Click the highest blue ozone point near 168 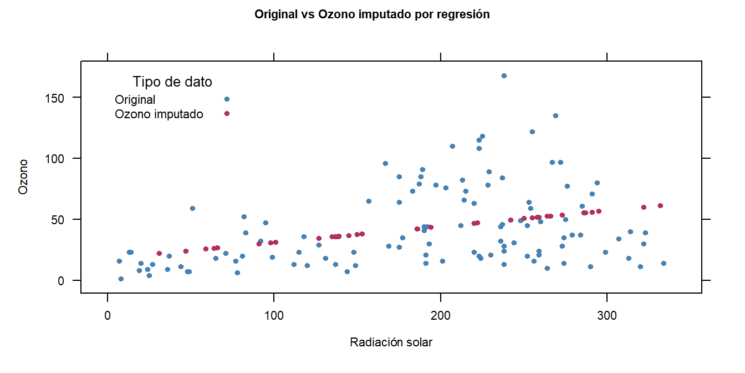click(504, 75)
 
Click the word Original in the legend click(135, 100)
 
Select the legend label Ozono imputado click(159, 114)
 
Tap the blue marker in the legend click(227, 99)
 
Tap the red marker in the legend click(227, 114)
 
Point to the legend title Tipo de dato click(172, 82)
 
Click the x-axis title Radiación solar click(391, 342)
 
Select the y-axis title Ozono click(23, 177)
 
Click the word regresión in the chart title click(463, 15)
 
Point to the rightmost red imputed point click(660, 206)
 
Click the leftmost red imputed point click(159, 253)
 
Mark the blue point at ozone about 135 click(555, 116)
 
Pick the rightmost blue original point click(664, 263)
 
